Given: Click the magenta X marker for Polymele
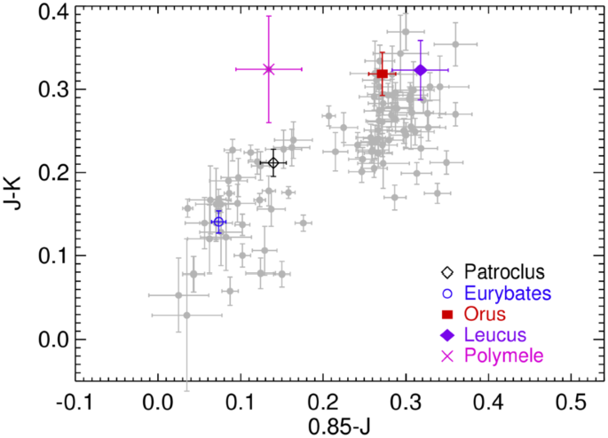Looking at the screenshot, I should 269,69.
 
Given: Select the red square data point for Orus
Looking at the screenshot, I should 382,74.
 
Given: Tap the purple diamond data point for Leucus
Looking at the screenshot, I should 421,70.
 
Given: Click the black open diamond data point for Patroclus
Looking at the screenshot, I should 273,162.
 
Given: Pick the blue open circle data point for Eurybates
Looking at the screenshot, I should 218,222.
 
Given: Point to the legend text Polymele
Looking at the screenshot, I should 500,356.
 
